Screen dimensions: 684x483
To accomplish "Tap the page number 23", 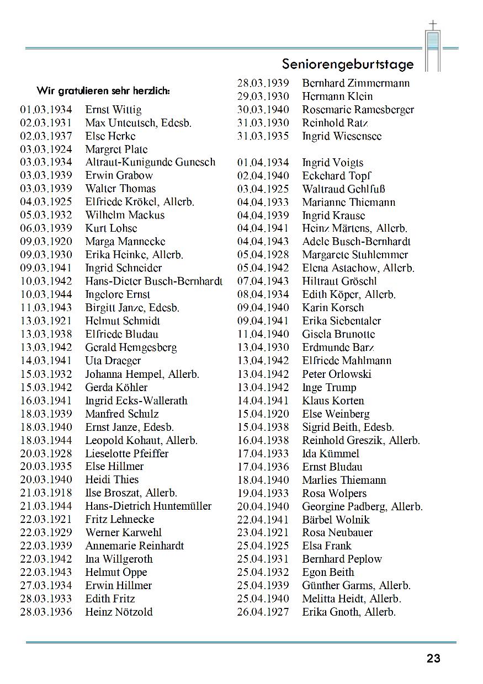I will coord(433,658).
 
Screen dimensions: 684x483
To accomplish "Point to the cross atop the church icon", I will coord(433,25).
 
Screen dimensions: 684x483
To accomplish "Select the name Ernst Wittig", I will coord(113,110).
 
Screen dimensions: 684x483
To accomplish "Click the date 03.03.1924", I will coord(46,149).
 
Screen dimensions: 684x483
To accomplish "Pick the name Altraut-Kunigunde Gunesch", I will coord(150,162).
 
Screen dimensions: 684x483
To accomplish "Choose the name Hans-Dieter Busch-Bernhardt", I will coord(153,281).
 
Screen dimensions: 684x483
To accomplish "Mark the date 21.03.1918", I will coord(46,493).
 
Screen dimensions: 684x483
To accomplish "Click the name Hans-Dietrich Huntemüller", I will coord(148,506).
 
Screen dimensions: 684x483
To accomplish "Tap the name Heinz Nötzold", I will coord(119,612).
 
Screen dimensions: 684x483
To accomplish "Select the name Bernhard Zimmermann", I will coord(355,83).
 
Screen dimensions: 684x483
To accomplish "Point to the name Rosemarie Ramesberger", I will coord(358,110).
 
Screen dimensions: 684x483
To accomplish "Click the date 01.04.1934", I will coord(263,163).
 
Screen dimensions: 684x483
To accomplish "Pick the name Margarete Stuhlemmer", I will coord(355,255).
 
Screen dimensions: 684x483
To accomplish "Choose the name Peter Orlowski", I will coord(337,374).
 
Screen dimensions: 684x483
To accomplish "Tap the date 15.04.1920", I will coord(263,414).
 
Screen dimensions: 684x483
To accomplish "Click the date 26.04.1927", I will coord(263,612).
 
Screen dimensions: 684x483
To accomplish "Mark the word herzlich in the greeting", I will coord(151,90).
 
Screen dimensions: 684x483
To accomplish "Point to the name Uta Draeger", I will coord(113,361).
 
